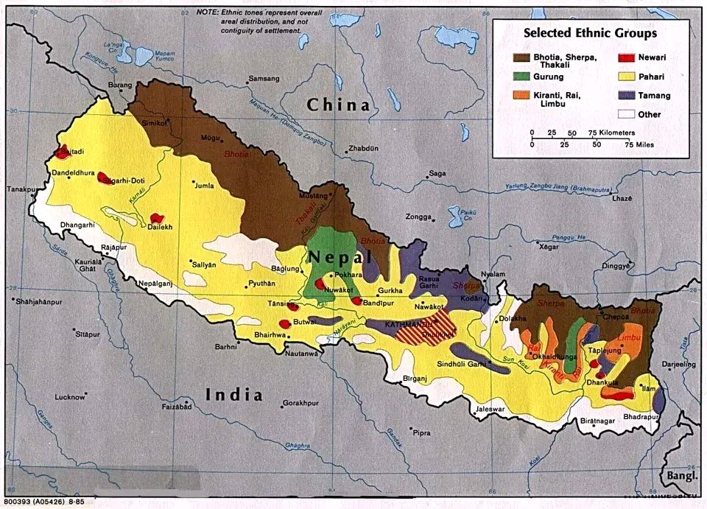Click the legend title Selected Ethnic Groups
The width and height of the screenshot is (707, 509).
coord(590,33)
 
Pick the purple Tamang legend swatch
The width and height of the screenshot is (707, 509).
coord(626,95)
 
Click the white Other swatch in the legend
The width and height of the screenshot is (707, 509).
coord(626,114)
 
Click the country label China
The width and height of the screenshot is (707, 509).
coord(338,105)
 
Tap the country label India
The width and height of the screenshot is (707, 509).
coord(233,394)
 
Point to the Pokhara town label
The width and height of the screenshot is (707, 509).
coord(349,275)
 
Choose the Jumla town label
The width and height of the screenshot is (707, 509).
coord(204,186)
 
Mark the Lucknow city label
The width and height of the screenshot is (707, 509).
coord(70,397)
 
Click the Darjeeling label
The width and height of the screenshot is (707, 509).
coord(678,364)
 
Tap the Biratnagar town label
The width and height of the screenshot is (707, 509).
coord(596,420)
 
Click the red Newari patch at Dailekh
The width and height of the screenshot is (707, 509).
coord(156,218)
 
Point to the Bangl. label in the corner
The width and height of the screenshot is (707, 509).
coord(679,476)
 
